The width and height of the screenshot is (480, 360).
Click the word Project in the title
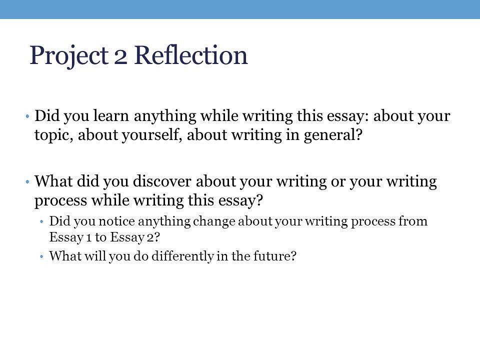click(x=69, y=56)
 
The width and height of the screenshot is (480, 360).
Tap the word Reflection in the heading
click(x=191, y=55)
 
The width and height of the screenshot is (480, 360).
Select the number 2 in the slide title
click(x=120, y=58)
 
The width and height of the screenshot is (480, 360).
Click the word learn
click(x=111, y=115)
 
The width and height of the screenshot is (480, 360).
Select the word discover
click(x=162, y=181)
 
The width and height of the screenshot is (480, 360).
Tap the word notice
click(x=116, y=221)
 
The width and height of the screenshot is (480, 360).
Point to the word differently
click(x=183, y=256)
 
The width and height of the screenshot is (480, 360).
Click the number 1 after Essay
click(x=89, y=238)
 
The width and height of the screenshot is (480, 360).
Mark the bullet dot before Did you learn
click(x=27, y=116)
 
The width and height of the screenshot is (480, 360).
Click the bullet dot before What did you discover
click(x=27, y=182)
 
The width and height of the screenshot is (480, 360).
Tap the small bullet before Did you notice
click(x=42, y=221)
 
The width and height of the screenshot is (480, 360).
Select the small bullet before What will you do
click(x=42, y=256)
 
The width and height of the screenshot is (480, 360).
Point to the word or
click(x=337, y=182)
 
